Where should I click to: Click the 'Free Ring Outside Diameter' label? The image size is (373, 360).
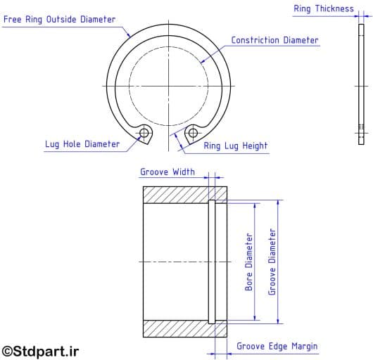point(60,20)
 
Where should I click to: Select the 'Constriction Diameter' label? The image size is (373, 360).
point(274,40)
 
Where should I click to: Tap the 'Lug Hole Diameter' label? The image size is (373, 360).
point(82,144)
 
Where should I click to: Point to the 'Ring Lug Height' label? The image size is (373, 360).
point(236,146)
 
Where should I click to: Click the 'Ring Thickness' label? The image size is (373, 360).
point(324,9)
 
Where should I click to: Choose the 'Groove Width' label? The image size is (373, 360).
point(167,172)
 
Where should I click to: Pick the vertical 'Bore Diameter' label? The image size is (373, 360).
point(249,262)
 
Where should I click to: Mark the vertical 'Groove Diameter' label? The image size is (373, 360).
point(272,262)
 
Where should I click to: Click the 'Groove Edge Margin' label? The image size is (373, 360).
point(277,346)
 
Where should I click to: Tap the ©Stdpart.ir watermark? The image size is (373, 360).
point(40,351)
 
